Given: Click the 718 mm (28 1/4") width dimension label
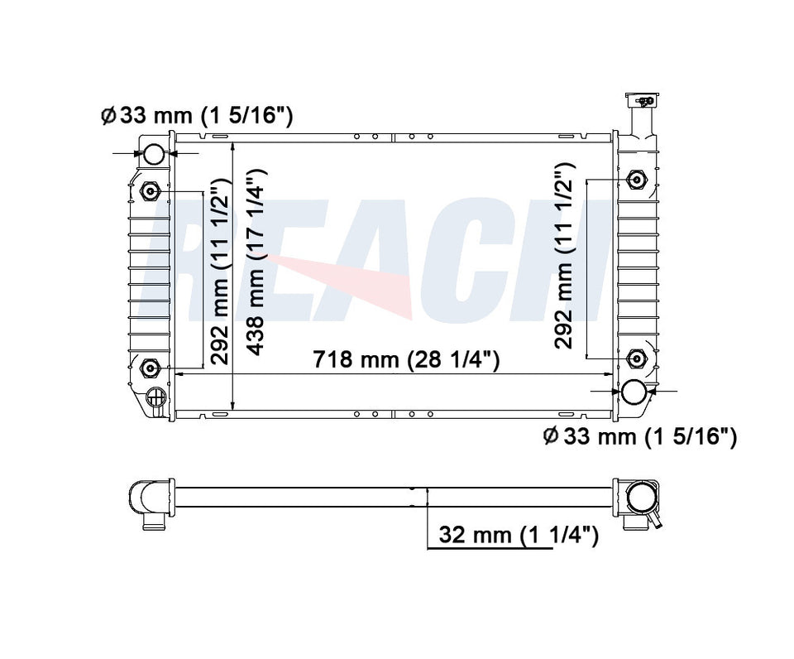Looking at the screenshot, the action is [x=406, y=359].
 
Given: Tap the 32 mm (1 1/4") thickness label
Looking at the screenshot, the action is [x=519, y=534].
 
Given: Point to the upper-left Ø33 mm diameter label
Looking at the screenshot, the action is [x=197, y=116].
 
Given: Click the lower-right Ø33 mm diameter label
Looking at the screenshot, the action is [x=639, y=435].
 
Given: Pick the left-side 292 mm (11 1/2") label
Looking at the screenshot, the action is [x=220, y=272].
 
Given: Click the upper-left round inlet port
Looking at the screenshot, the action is [x=154, y=154].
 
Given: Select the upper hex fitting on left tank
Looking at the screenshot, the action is [x=150, y=191].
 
